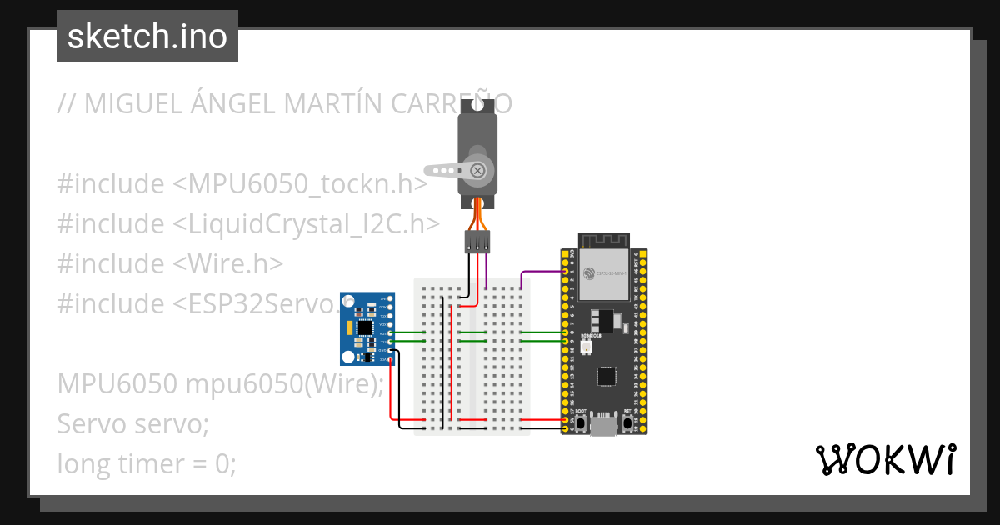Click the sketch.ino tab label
pyautogui.click(x=147, y=37)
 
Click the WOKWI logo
pyautogui.click(x=885, y=459)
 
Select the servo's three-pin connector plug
pyautogui.click(x=477, y=242)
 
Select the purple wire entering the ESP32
pyautogui.click(x=542, y=272)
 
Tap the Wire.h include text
pyautogui.click(x=229, y=263)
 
